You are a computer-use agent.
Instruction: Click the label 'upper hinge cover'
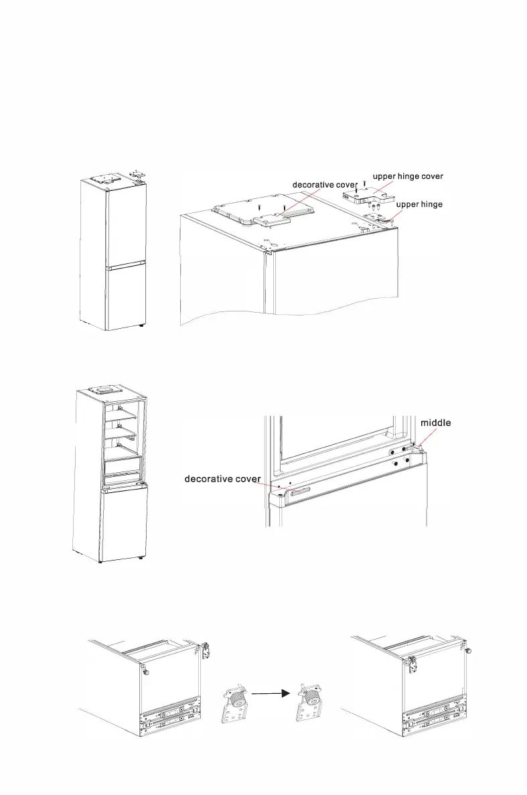point(408,176)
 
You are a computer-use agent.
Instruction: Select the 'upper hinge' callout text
point(419,204)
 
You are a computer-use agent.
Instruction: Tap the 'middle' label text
point(435,423)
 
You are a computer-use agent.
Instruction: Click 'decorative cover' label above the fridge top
point(324,184)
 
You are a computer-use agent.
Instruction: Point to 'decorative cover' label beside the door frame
point(222,479)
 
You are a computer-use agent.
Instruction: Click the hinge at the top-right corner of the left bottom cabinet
point(207,648)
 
